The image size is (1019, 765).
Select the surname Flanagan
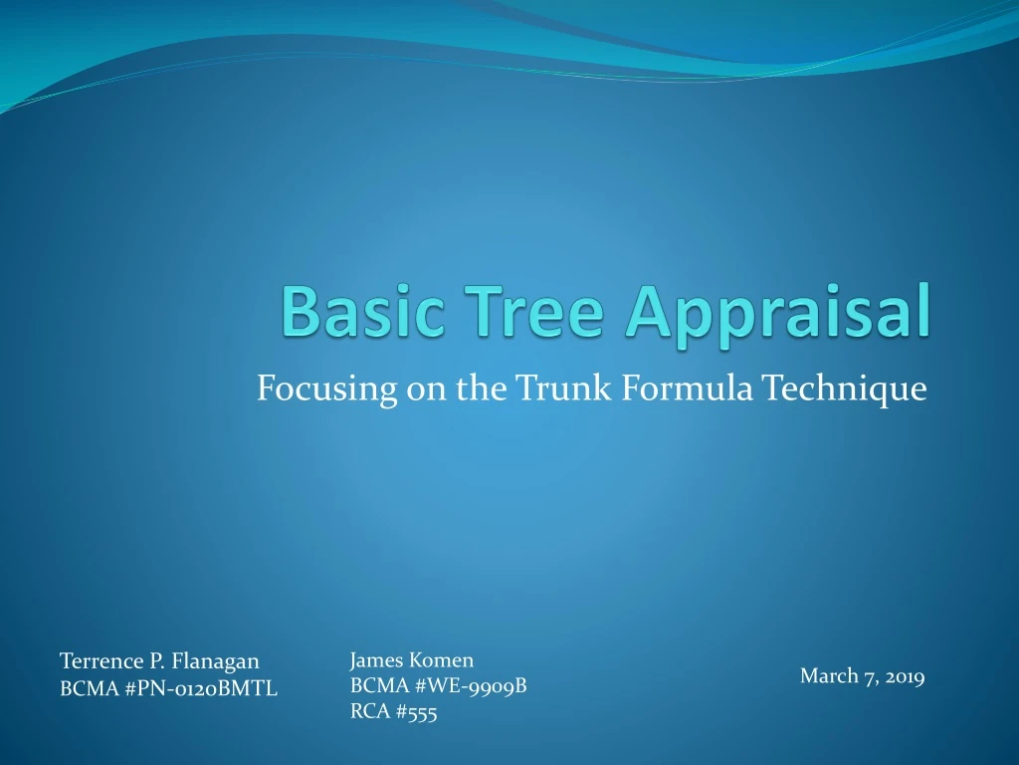(215, 662)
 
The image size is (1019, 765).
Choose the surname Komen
(442, 659)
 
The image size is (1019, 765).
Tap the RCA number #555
(416, 711)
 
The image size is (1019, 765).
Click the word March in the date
(829, 676)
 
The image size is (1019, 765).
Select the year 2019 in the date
(904, 677)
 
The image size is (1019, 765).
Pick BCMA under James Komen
(376, 685)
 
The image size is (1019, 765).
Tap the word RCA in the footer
(369, 711)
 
